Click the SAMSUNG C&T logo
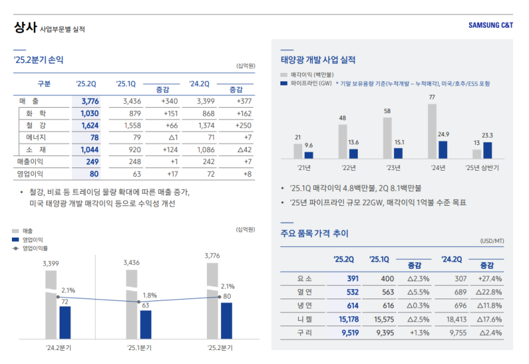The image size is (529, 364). [x=491, y=26]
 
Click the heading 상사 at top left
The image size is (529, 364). [x=24, y=28]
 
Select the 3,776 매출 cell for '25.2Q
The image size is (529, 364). [x=89, y=101]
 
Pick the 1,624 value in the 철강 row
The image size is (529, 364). [x=89, y=126]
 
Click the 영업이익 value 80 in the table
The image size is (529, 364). [x=93, y=174]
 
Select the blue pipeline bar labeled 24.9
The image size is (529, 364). [x=443, y=150]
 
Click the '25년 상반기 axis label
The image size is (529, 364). [x=483, y=168]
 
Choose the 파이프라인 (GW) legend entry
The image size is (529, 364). [x=311, y=84]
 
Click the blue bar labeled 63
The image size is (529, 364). [x=145, y=324]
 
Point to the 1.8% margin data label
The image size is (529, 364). [x=149, y=295]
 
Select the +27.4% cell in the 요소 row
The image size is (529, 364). [x=489, y=279]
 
